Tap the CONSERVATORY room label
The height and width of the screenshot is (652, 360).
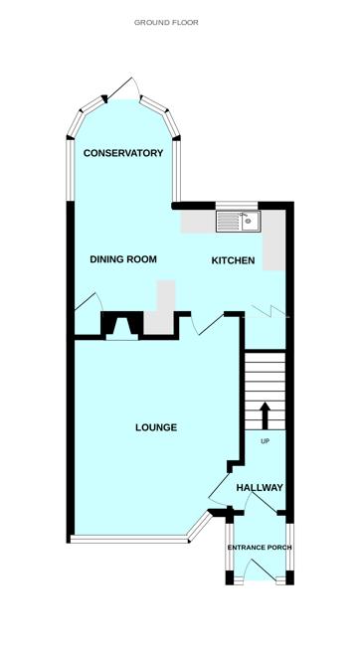123,153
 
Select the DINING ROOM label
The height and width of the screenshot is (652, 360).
124,259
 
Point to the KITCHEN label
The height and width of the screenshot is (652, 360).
234,261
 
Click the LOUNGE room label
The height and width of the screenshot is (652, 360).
156,428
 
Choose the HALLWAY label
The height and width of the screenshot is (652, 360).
260,488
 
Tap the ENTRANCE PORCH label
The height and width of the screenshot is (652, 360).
259,548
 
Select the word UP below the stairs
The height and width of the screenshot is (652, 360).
265,441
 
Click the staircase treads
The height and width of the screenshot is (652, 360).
265,383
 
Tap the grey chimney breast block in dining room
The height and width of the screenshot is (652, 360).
162,307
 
